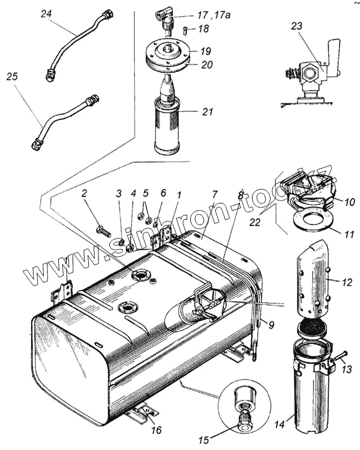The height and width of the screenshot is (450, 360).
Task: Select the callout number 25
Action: [11, 77]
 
